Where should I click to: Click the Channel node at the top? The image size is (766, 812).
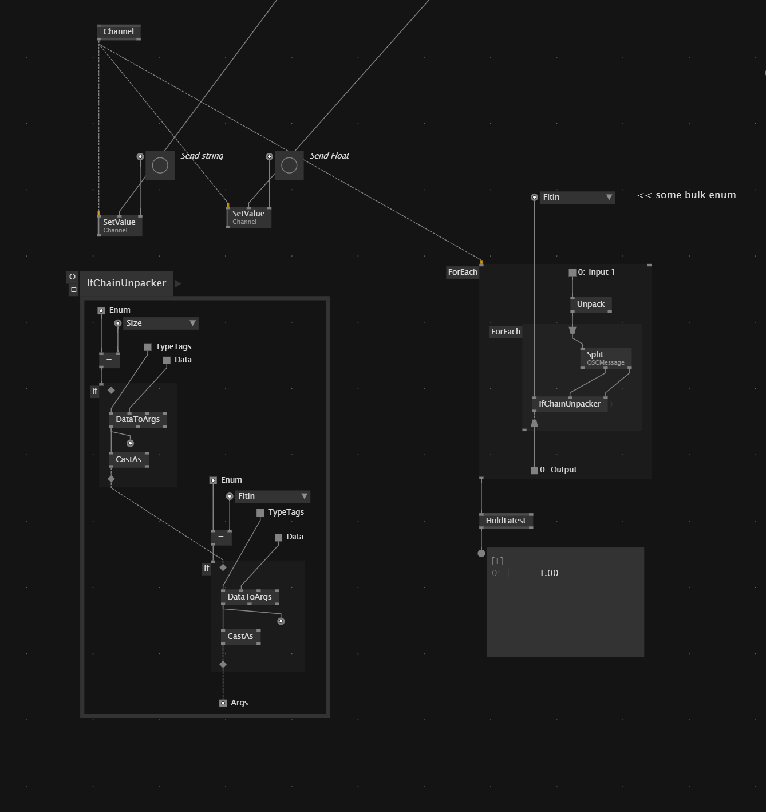click(x=119, y=31)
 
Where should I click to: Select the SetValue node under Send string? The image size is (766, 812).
click(x=119, y=225)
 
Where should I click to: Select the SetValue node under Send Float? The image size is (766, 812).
click(x=248, y=216)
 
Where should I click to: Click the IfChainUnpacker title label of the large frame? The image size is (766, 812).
click(x=126, y=283)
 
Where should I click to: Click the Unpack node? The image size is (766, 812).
click(x=591, y=304)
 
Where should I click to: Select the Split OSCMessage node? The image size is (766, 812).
click(x=605, y=357)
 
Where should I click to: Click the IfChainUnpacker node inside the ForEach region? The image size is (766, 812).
click(x=570, y=404)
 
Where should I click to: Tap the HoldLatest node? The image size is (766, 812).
click(x=506, y=521)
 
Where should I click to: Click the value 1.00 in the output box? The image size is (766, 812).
click(x=548, y=573)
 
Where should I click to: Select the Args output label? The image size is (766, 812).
click(x=239, y=703)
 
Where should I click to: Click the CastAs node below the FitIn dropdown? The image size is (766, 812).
click(x=240, y=636)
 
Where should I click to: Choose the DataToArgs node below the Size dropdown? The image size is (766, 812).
click(x=138, y=419)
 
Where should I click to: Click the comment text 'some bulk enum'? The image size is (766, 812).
click(x=695, y=195)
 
